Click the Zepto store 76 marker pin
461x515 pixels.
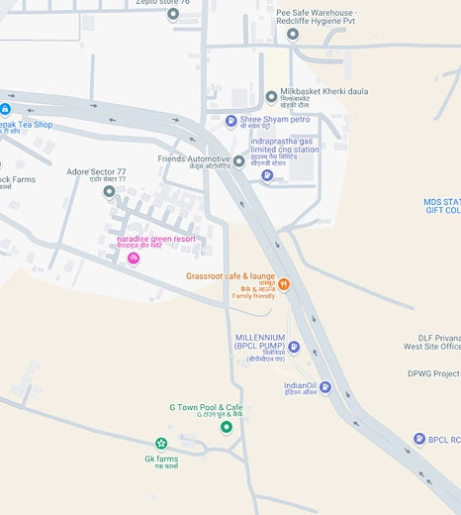pos(173,14)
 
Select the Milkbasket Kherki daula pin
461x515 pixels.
pos(272,97)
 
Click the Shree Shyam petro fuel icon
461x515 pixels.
pos(231,121)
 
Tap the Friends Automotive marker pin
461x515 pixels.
pos(238,161)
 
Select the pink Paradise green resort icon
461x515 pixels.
pos(133,258)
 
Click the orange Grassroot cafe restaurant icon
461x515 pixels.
pos(284,284)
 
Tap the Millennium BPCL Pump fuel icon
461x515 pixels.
pos(294,347)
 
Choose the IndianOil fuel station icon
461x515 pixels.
pos(324,387)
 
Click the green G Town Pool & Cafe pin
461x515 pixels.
pos(226,427)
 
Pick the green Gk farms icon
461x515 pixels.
pos(161,444)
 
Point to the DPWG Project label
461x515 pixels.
pos(433,374)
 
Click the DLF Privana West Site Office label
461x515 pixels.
pos(432,342)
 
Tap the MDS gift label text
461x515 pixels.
pos(442,206)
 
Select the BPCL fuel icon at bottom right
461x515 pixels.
pos(418,440)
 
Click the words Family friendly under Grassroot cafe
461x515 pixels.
pos(254,296)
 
